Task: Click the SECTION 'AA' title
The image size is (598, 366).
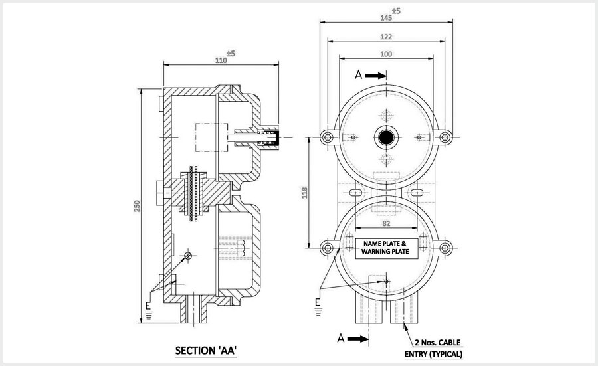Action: pyautogui.click(x=205, y=349)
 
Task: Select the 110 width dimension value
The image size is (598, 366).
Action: pyautogui.click(x=221, y=60)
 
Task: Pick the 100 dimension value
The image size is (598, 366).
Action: pyautogui.click(x=387, y=53)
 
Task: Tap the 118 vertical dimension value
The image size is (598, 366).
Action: pyautogui.click(x=304, y=193)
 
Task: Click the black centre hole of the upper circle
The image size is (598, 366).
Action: pyautogui.click(x=386, y=137)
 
